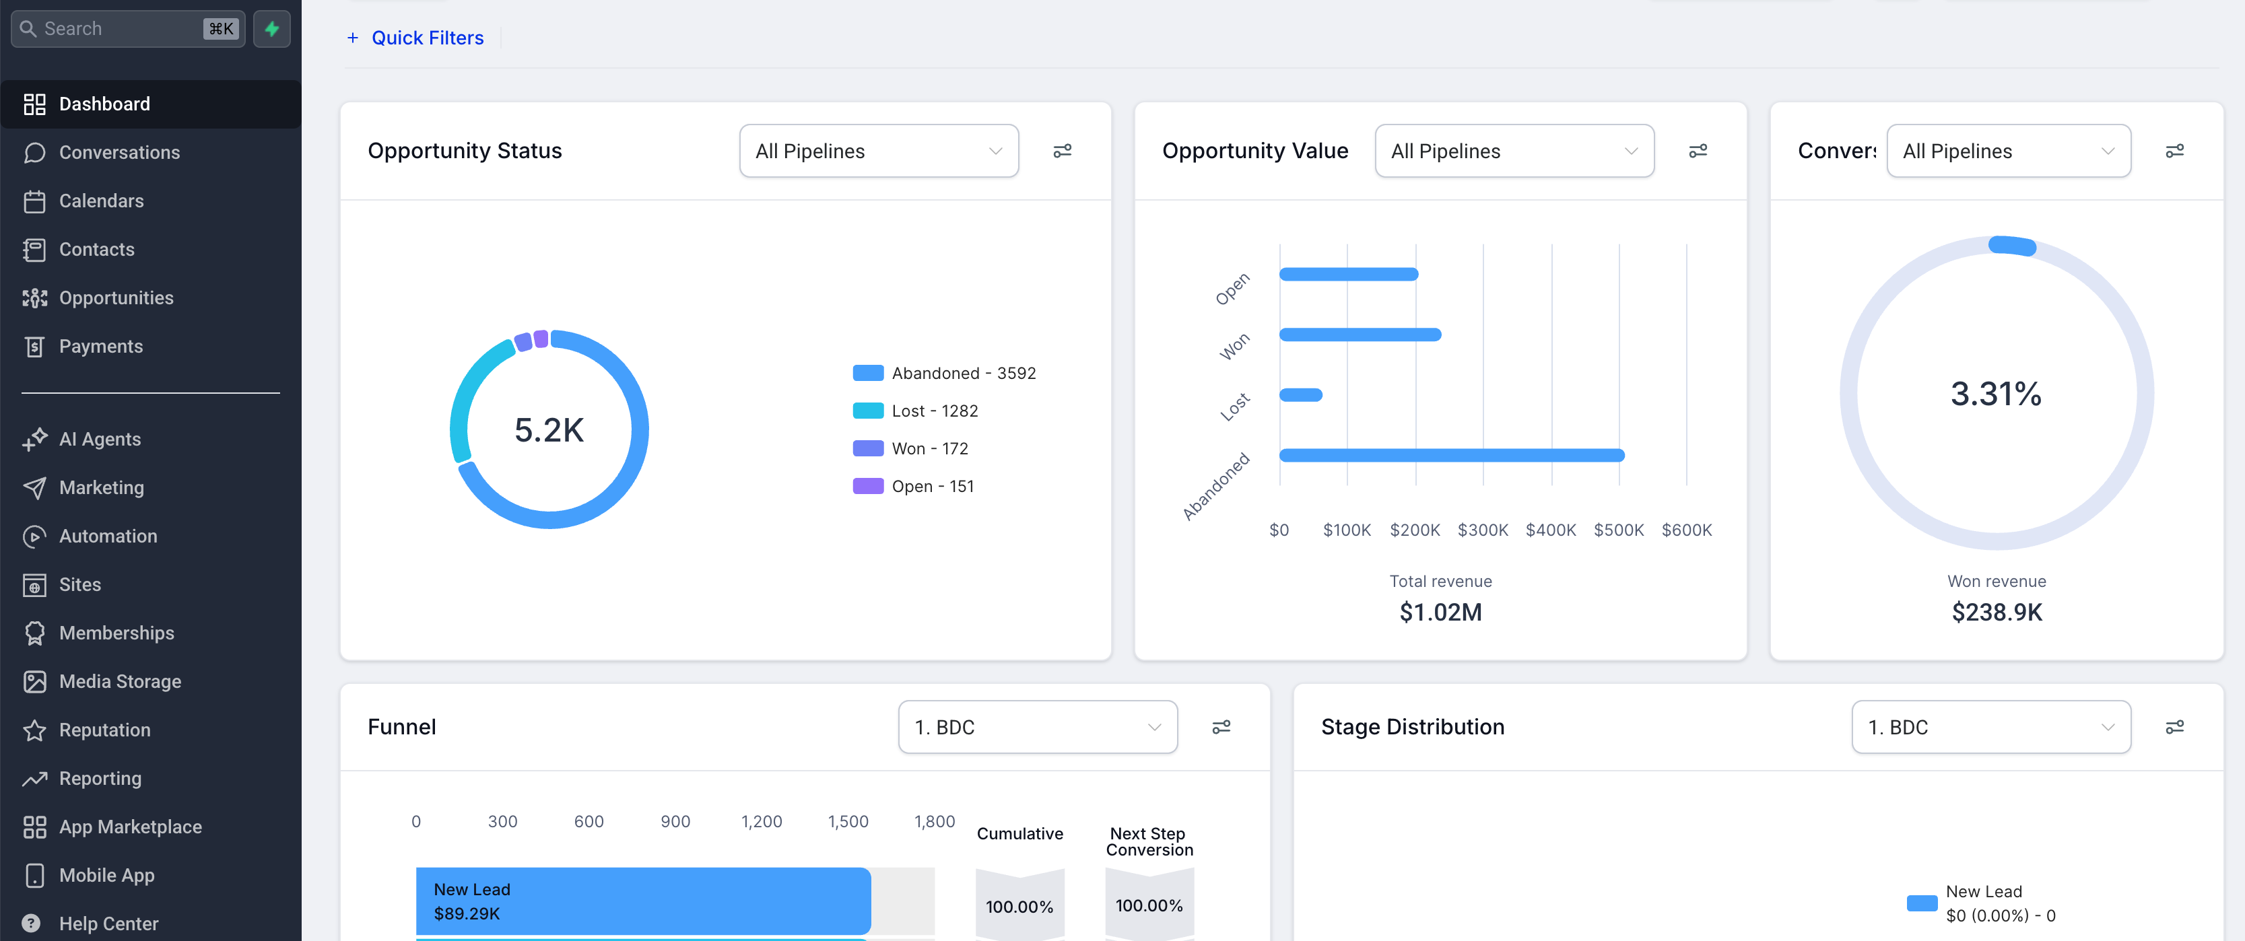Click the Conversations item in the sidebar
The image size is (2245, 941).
pyautogui.click(x=119, y=153)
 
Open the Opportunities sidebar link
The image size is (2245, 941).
pyautogui.click(x=116, y=298)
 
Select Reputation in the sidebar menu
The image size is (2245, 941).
pyautogui.click(x=104, y=730)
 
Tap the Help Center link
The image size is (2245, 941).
pyautogui.click(x=108, y=923)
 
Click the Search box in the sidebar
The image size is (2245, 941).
pyautogui.click(x=122, y=29)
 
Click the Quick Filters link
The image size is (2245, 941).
pyautogui.click(x=426, y=38)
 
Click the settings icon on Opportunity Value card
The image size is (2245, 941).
pyautogui.click(x=1697, y=151)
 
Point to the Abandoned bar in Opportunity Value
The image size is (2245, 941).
pyautogui.click(x=1451, y=455)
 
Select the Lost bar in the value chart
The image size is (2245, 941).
pyautogui.click(x=1300, y=394)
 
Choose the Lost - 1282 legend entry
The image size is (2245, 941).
pyautogui.click(x=933, y=411)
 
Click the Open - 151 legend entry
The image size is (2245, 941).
pyautogui.click(x=932, y=486)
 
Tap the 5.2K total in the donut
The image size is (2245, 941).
pyautogui.click(x=549, y=429)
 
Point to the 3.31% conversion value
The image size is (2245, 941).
pyautogui.click(x=1995, y=394)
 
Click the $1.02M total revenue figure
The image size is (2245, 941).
pyautogui.click(x=1440, y=613)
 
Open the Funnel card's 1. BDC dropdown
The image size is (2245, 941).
pyautogui.click(x=1037, y=728)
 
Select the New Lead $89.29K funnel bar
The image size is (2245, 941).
pyautogui.click(x=643, y=901)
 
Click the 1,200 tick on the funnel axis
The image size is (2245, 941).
pyautogui.click(x=761, y=822)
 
